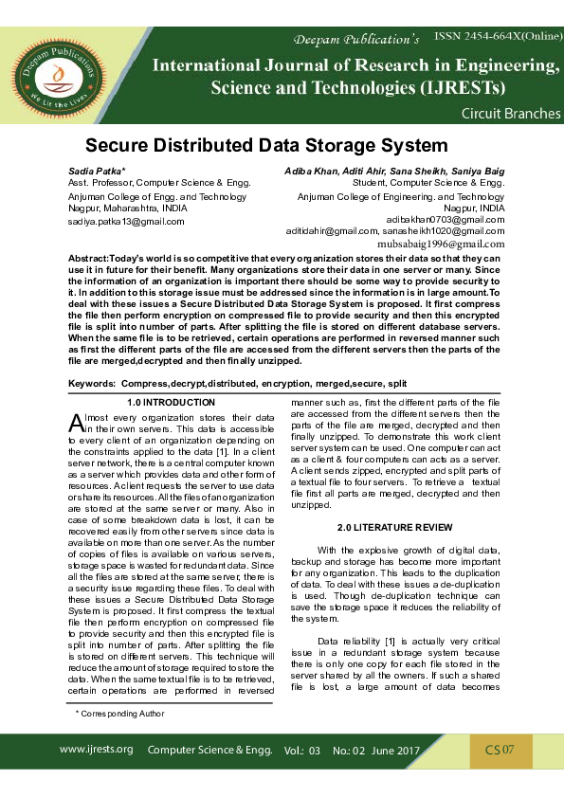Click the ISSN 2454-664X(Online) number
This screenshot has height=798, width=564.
497,35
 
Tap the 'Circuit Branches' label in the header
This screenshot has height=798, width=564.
510,113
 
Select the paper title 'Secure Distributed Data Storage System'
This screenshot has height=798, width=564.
266,146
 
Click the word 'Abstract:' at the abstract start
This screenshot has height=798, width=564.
89,259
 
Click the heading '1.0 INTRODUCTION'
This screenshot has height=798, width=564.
171,403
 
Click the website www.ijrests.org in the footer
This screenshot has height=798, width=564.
96,749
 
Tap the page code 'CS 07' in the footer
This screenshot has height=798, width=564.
500,750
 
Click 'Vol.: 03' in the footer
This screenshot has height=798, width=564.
302,751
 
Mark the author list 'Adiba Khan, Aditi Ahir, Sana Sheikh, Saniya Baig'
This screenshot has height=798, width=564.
394,171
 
